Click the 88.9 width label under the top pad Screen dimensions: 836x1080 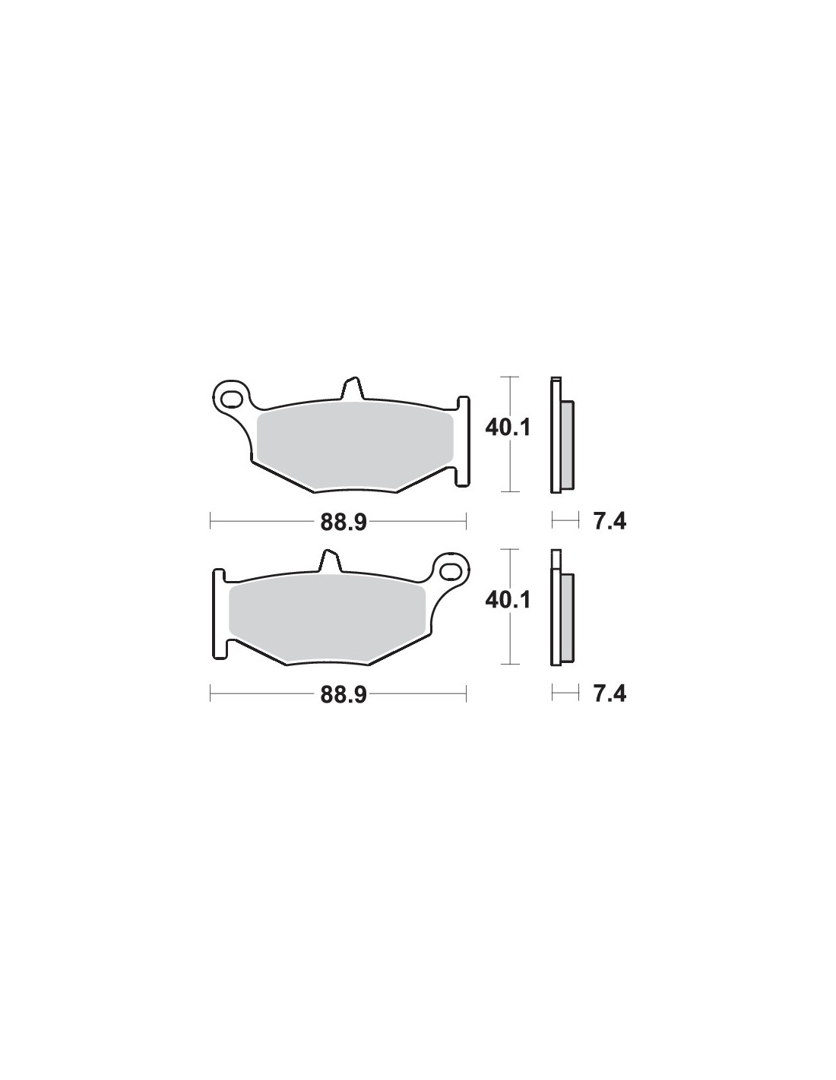(344, 522)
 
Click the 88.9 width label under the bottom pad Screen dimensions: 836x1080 (344, 695)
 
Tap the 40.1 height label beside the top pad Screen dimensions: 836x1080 (508, 428)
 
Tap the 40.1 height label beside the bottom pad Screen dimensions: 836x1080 (508, 601)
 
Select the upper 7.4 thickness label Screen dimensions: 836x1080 (610, 522)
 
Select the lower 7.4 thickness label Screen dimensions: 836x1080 (610, 695)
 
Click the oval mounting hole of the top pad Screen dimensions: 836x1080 (231, 398)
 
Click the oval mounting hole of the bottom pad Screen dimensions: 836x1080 (451, 571)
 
